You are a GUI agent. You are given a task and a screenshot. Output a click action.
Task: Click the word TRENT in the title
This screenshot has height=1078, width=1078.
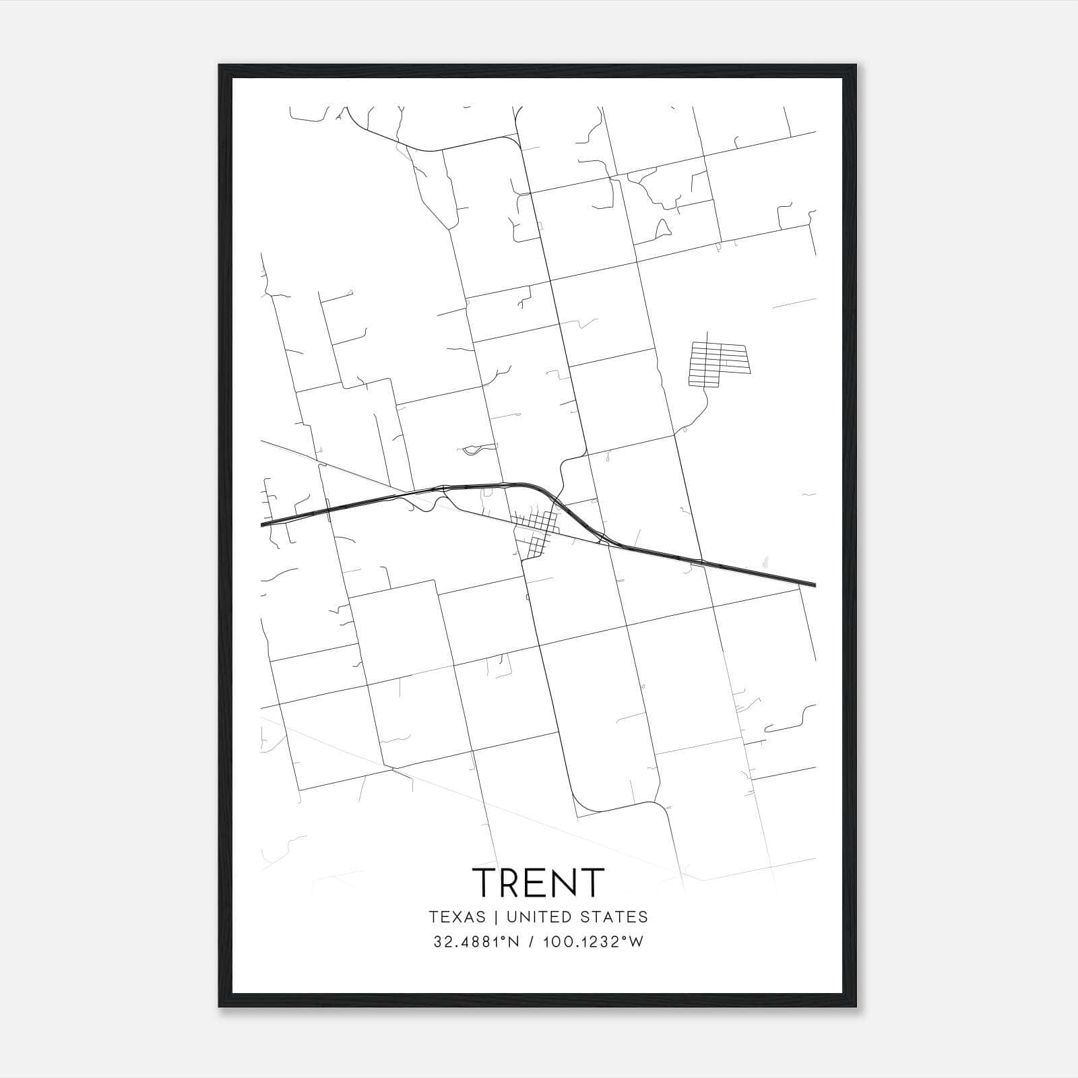[538, 883]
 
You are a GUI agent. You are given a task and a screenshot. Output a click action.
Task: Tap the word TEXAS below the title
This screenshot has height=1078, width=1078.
[457, 917]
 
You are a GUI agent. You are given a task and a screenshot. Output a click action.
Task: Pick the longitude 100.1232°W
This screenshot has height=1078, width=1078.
[594, 942]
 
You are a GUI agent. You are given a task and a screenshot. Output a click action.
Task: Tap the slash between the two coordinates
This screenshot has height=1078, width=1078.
[532, 942]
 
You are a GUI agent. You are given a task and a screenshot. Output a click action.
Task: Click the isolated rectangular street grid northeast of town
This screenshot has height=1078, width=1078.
[718, 364]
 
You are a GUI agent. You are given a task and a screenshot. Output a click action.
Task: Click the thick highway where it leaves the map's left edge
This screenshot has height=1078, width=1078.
[264, 523]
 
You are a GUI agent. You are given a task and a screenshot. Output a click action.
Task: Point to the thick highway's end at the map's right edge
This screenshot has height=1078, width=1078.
[813, 584]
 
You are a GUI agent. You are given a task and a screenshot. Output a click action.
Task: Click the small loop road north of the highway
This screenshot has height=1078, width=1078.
[474, 449]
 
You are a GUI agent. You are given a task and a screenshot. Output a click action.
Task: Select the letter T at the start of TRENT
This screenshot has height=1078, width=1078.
[484, 883]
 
